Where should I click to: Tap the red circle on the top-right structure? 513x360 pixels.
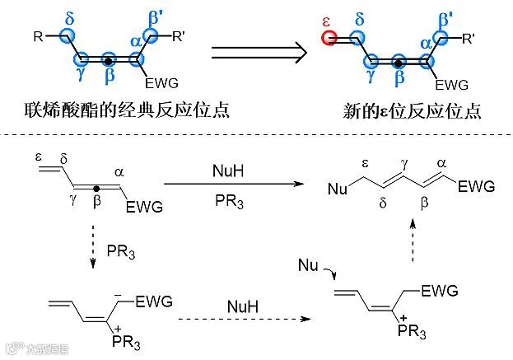328,38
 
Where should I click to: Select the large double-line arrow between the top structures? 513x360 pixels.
258,52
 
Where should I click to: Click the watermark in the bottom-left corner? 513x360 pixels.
29,348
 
